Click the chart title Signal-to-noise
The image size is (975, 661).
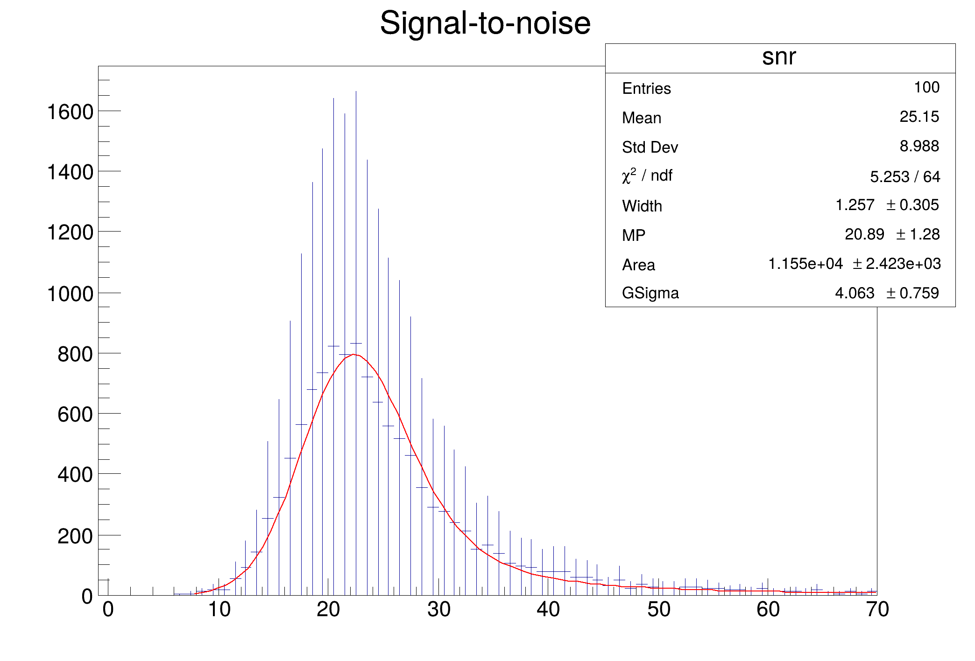pyautogui.click(x=485, y=23)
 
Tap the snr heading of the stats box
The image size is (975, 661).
pyautogui.click(x=779, y=57)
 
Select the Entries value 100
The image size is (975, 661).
pyautogui.click(x=926, y=87)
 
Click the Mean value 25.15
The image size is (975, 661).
pyautogui.click(x=919, y=117)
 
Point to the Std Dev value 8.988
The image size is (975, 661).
pyautogui.click(x=919, y=146)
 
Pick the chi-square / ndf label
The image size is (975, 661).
pyautogui.click(x=647, y=176)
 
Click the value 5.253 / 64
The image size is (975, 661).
pyautogui.click(x=904, y=176)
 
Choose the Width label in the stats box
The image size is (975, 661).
pyautogui.click(x=642, y=206)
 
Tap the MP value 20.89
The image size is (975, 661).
pyautogui.click(x=864, y=234)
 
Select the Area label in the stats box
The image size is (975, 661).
pyautogui.click(x=638, y=265)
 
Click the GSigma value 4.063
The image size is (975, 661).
pyautogui.click(x=854, y=293)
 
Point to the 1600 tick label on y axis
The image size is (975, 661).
pyautogui.click(x=70, y=112)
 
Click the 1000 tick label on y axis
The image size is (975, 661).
pyautogui.click(x=70, y=294)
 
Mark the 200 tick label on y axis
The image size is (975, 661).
pyautogui.click(x=75, y=536)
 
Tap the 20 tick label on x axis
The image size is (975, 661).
pyautogui.click(x=328, y=610)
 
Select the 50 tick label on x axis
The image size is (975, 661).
pyautogui.click(x=658, y=610)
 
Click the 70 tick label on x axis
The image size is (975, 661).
pyautogui.click(x=877, y=610)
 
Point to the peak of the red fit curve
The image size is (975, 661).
pyautogui.click(x=354, y=354)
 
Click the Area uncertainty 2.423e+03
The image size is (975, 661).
pyautogui.click(x=903, y=264)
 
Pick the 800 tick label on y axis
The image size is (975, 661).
pyautogui.click(x=75, y=355)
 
